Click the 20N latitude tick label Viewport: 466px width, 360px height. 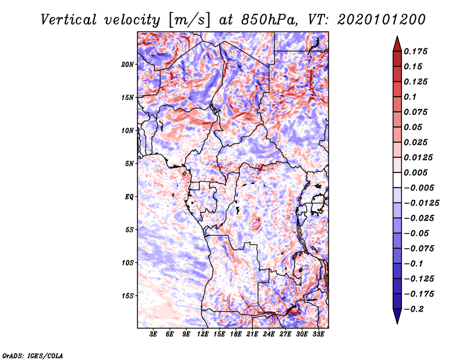click(x=128, y=65)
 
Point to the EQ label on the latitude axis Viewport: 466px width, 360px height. click(x=129, y=197)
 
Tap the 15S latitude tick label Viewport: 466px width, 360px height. click(x=128, y=296)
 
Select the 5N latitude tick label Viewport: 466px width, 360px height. click(x=129, y=164)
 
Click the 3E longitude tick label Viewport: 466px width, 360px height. click(x=153, y=334)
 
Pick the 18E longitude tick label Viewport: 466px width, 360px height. click(x=236, y=334)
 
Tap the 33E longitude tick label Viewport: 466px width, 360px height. click(x=318, y=334)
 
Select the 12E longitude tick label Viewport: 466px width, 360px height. click(x=203, y=334)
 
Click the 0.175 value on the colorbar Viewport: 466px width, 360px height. click(x=415, y=51)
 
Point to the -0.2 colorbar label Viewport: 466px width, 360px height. click(x=414, y=309)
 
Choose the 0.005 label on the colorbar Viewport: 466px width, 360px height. click(x=415, y=172)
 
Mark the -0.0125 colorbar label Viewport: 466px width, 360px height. click(x=421, y=203)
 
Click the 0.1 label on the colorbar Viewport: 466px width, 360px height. click(x=410, y=97)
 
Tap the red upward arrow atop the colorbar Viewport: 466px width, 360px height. click(x=397, y=44)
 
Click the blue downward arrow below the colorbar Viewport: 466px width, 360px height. click(x=397, y=316)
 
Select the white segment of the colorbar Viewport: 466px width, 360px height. click(x=397, y=180)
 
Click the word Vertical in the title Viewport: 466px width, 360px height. click(x=69, y=20)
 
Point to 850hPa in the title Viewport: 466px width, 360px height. click(x=269, y=20)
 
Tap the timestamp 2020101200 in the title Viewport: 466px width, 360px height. click(x=382, y=20)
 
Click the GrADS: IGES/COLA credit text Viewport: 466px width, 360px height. click(x=33, y=355)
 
